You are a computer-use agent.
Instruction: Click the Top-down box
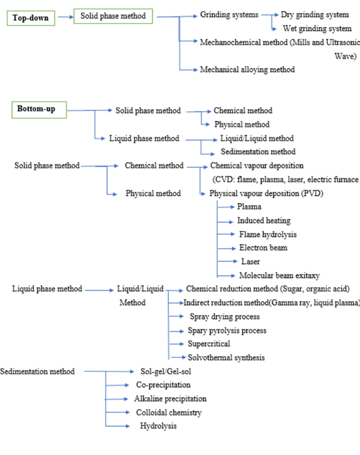click(30, 18)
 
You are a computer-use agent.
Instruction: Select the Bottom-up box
click(36, 109)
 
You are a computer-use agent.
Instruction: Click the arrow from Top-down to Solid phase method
click(65, 17)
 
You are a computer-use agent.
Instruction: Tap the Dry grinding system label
click(315, 15)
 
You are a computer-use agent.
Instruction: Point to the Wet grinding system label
click(317, 28)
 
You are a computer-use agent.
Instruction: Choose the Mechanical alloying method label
click(247, 70)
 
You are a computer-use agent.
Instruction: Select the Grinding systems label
click(229, 15)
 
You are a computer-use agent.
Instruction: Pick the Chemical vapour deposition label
click(256, 165)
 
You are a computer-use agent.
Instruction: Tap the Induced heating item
click(263, 220)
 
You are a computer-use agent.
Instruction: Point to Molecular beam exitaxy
click(279, 275)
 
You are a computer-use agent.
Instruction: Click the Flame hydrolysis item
click(267, 234)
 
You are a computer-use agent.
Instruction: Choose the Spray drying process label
click(224, 317)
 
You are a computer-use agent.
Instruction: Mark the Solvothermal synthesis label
click(226, 357)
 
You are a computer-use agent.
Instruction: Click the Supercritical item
click(209, 344)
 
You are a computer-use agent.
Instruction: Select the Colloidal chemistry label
click(169, 412)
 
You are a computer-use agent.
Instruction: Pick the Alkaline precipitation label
click(170, 399)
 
